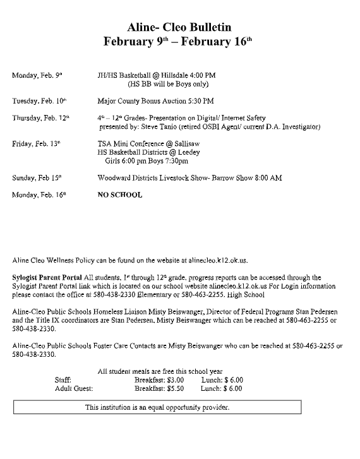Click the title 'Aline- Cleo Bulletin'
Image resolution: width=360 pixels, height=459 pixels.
[x=180, y=27]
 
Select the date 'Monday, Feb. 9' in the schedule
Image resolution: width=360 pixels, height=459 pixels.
[x=37, y=75]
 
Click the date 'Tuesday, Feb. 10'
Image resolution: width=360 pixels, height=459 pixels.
[x=39, y=100]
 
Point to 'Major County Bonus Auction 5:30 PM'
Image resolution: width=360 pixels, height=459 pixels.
[x=156, y=100]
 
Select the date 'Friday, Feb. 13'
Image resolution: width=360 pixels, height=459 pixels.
[x=37, y=144]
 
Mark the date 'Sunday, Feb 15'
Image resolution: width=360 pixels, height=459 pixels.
[x=37, y=178]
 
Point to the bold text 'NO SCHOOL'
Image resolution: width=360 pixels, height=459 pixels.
[x=120, y=195]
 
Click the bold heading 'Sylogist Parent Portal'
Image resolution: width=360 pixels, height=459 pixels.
[x=46, y=277]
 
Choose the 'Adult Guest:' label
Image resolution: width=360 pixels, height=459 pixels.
[x=74, y=388]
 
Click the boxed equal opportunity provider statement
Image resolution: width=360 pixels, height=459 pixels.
[x=157, y=407]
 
